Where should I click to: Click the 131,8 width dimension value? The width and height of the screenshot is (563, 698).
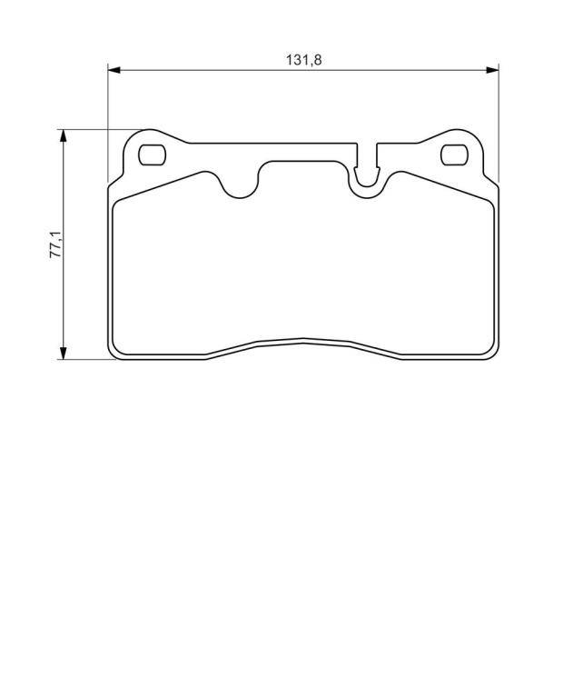[x=303, y=60]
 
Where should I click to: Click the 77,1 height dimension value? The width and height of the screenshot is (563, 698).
[x=55, y=244]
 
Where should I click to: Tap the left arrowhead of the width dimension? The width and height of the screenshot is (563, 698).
[x=114, y=70]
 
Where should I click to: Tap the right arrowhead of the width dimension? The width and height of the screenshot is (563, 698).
[x=492, y=70]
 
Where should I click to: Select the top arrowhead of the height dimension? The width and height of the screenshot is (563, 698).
[x=64, y=135]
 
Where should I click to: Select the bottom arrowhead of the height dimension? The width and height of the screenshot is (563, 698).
[x=64, y=353]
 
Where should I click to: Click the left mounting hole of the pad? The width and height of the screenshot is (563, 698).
[x=152, y=155]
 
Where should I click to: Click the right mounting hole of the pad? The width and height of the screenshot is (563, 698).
[x=454, y=155]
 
